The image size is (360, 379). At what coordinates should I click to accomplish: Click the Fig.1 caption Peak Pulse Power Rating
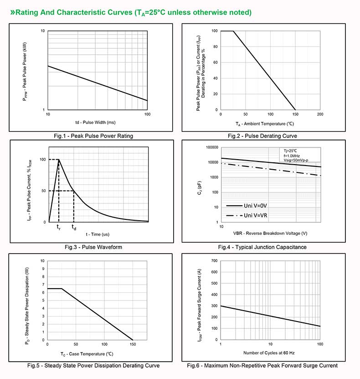[x=93, y=136]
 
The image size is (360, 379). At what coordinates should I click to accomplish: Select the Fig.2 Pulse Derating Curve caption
[x=262, y=136]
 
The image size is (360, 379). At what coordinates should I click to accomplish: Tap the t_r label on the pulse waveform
[x=58, y=227]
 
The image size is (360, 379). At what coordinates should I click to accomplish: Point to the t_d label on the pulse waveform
[x=74, y=227]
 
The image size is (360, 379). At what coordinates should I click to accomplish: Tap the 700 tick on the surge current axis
[x=214, y=261]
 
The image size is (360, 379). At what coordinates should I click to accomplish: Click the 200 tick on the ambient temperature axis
[x=320, y=114]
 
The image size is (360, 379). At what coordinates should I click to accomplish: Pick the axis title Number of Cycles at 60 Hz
[x=269, y=353]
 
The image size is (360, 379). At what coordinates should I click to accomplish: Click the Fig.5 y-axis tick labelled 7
[x=43, y=285]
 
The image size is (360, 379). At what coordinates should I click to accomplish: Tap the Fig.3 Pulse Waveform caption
[x=93, y=247]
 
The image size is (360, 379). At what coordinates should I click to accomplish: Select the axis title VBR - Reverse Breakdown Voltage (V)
[x=270, y=234]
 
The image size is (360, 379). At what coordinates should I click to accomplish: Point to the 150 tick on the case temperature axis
[x=133, y=344]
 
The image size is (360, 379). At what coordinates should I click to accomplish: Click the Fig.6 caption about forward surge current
[x=262, y=365]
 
